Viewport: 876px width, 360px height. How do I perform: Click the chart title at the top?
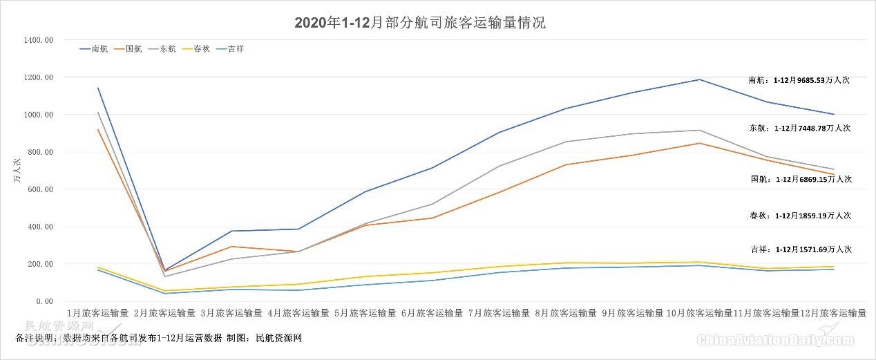click(420, 23)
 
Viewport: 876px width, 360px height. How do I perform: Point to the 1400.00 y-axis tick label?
click(39, 40)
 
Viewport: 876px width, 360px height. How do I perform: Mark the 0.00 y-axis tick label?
click(44, 301)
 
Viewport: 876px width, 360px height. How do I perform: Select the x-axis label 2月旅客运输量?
click(164, 313)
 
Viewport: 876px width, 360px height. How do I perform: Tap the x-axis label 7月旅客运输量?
click(499, 313)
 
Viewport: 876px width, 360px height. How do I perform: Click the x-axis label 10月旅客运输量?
click(700, 313)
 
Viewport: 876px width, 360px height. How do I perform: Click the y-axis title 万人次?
click(16, 171)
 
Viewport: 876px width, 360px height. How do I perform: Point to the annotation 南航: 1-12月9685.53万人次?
click(799, 80)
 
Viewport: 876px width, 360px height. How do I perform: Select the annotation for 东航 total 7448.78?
click(799, 128)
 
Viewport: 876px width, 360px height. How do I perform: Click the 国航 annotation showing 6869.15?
click(801, 179)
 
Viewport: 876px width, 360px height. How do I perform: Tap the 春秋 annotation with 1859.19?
click(801, 216)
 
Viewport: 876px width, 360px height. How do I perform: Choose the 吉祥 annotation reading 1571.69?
click(801, 249)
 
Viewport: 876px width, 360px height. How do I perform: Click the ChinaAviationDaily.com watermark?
click(775, 339)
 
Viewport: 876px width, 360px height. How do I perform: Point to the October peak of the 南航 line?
click(700, 79)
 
